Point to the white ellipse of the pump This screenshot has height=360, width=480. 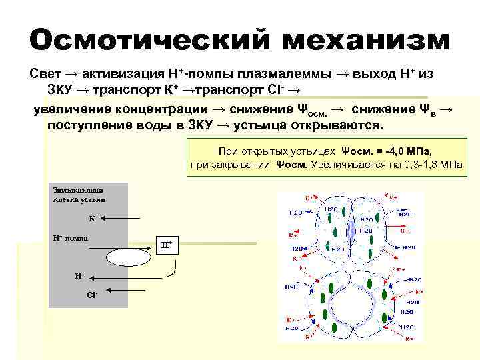click(x=127, y=257)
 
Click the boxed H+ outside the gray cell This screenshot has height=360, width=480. click(x=167, y=244)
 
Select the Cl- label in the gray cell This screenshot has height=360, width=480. click(x=92, y=293)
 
